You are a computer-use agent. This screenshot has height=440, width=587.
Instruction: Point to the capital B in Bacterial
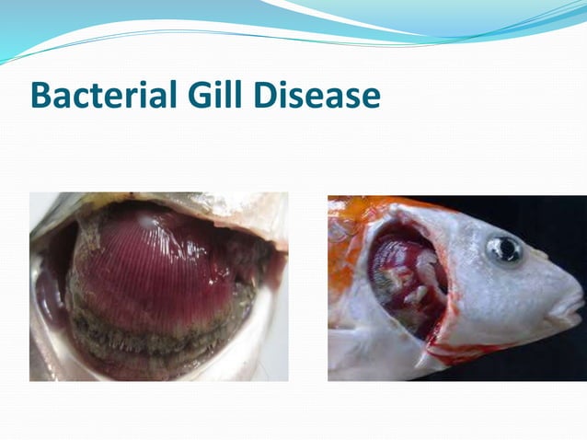point(41,96)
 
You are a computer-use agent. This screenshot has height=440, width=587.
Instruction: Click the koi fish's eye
point(505,250)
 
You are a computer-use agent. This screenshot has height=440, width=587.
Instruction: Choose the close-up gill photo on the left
point(158,286)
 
